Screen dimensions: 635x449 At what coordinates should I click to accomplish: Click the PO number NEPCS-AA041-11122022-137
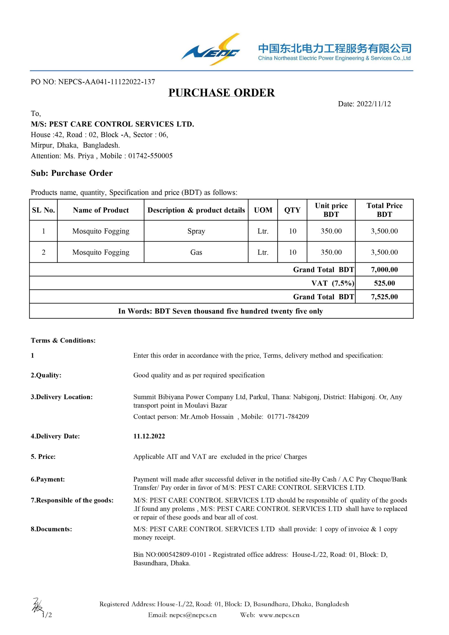click(x=106, y=82)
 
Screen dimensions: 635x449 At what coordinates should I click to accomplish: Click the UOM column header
click(x=263, y=210)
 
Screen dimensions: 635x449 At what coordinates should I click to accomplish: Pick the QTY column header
click(x=292, y=210)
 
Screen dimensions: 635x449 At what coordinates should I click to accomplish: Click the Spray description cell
click(x=196, y=231)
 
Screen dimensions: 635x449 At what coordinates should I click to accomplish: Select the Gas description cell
click(x=196, y=252)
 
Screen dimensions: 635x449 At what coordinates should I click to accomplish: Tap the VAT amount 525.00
click(x=384, y=283)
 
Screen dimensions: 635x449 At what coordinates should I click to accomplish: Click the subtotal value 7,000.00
click(x=384, y=270)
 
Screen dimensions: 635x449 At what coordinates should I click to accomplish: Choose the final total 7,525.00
click(x=384, y=297)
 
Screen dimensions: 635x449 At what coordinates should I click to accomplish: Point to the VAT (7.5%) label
click(x=333, y=283)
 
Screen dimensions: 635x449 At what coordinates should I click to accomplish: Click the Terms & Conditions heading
click(x=63, y=341)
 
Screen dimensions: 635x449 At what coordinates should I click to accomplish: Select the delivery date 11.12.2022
click(x=149, y=436)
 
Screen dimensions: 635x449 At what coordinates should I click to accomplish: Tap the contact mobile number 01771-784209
click(x=288, y=417)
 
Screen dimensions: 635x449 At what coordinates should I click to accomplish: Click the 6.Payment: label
click(x=48, y=479)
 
